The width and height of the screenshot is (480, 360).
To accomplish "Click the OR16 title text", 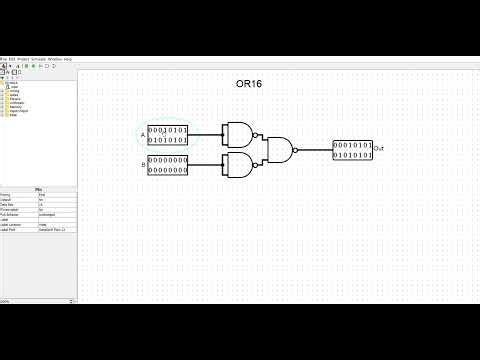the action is tap(248, 84).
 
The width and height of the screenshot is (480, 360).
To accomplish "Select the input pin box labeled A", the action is tap(168, 135).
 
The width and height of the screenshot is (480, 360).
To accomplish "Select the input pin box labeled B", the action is tap(168, 164).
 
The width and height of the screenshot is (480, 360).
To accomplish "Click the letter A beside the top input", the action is tap(142, 135).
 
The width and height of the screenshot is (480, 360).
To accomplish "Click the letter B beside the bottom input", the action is tap(142, 164).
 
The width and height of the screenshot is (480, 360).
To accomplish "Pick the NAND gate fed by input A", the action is tap(240, 135).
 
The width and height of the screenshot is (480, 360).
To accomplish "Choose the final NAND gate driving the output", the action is tap(281, 150).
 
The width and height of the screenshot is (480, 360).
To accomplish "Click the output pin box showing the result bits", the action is tap(352, 150).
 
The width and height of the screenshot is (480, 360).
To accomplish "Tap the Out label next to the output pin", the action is tap(378, 149).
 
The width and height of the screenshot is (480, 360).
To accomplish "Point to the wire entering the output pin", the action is tap(316, 150).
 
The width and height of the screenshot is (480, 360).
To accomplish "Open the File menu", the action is tap(4, 59).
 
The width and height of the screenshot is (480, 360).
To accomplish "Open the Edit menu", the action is tap(13, 59).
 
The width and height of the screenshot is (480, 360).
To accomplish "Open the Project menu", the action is tap(24, 59).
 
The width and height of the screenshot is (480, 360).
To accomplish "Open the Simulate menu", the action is tap(38, 59).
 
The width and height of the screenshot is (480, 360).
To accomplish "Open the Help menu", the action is tap(66, 59).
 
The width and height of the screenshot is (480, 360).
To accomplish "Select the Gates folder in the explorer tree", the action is tap(15, 95).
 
